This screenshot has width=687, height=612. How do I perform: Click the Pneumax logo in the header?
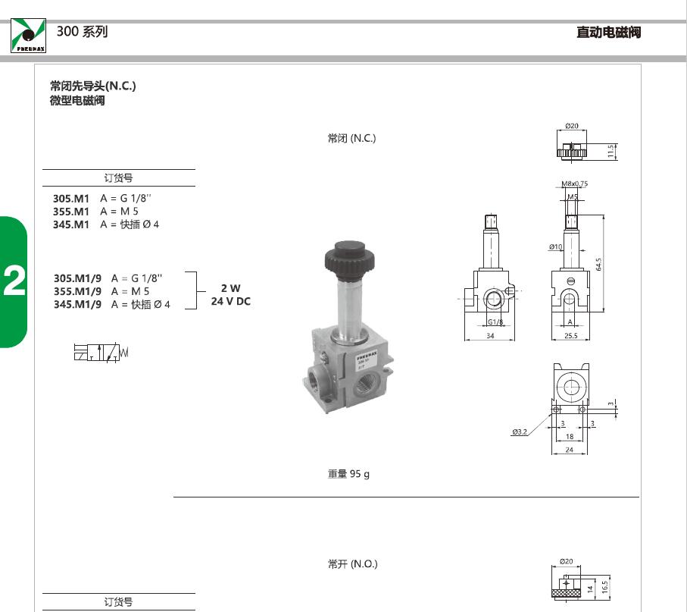pos(28,36)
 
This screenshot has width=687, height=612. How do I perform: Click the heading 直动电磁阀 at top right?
pos(608,32)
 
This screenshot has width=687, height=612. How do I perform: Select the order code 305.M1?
pos(71,198)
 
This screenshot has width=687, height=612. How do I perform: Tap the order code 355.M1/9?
pos(77,291)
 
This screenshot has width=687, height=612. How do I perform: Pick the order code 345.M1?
pos(71,224)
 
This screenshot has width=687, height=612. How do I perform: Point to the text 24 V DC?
pos(231,301)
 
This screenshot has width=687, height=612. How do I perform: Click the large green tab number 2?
pos(14,281)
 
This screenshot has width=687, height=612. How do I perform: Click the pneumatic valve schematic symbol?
pos(101,353)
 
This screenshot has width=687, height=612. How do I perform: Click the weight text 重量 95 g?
pos(348,474)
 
